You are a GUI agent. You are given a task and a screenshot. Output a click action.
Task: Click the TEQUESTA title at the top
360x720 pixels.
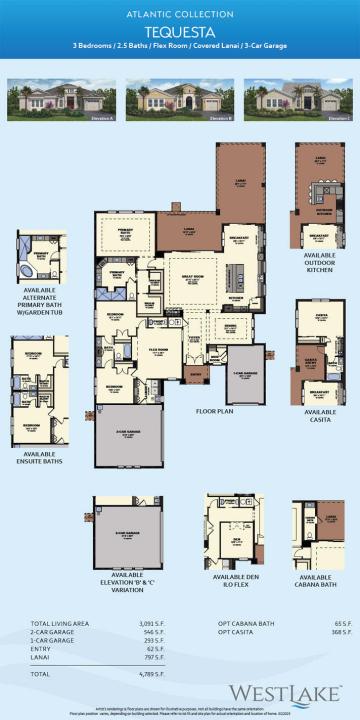click(x=180, y=31)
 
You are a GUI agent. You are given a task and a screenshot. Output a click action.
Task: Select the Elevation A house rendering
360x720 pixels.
click(x=58, y=101)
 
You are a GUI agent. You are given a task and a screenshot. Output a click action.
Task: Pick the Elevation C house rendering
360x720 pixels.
click(x=298, y=101)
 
